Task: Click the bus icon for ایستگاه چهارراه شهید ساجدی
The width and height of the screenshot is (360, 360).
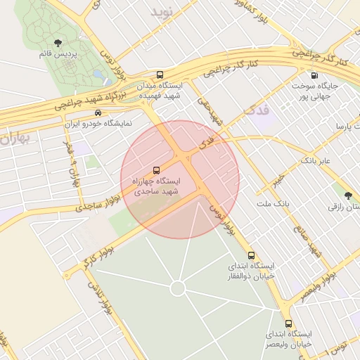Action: [156, 170]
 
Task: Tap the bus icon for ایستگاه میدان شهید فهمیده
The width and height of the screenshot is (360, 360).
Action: [160, 74]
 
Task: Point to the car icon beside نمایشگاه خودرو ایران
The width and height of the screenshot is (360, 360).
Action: [98, 112]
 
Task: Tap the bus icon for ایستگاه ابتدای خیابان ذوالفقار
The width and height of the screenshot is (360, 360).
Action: [252, 255]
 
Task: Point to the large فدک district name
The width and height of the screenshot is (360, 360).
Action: [255, 110]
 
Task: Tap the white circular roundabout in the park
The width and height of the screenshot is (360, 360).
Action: [178, 288]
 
